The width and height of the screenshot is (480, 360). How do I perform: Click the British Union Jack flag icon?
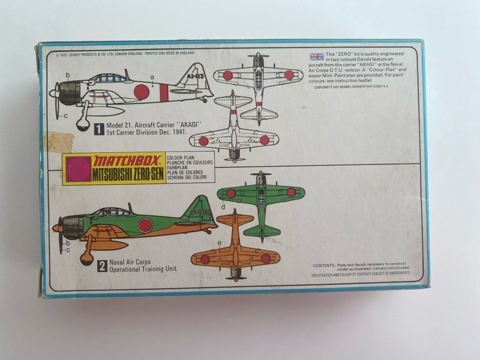coord(317,57)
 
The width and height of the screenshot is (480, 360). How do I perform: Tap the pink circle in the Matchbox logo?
coord(78,169)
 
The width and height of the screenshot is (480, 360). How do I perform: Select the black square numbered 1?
coord(99,129)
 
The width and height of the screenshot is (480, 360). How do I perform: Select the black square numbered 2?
coord(102,266)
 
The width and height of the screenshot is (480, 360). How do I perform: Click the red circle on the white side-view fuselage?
coord(141,92)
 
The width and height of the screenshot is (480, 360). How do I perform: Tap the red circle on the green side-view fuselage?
coord(145,225)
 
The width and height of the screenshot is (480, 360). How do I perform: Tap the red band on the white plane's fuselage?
coord(164,92)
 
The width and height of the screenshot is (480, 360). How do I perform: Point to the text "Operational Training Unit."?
coord(143,269)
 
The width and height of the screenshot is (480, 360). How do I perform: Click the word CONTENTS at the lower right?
coord(324,265)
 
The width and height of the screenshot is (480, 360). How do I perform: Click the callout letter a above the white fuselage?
coord(152,77)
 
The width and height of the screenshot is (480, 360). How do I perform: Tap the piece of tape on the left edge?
coord(58,141)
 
